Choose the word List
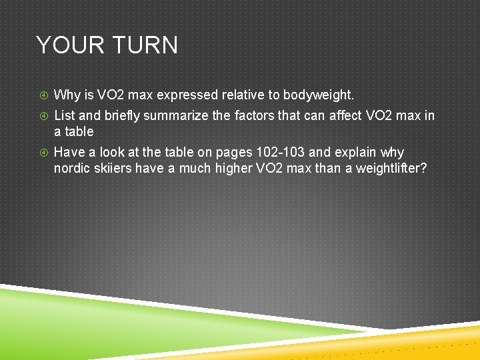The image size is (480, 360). click(64, 116)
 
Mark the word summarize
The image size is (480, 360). click(176, 116)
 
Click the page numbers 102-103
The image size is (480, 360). click(280, 153)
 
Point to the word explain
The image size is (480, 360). click(355, 153)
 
